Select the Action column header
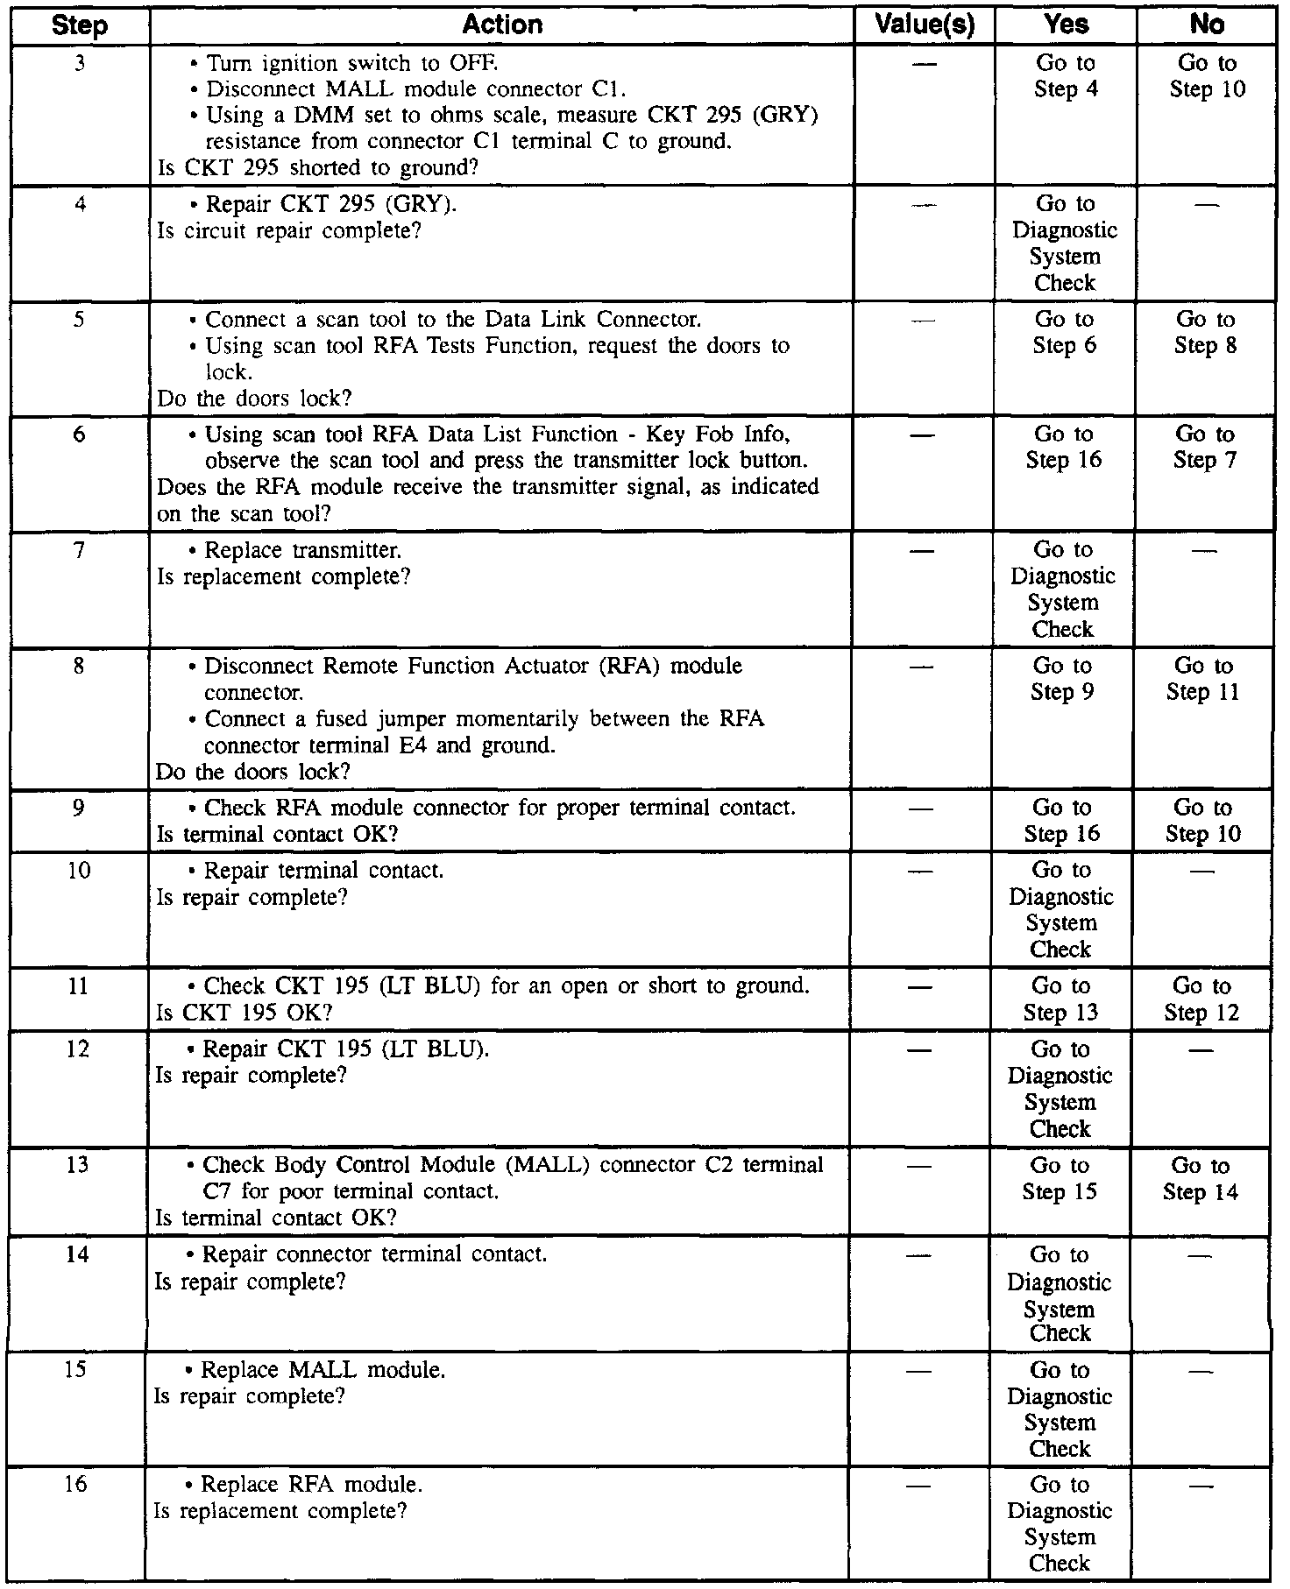coord(502,25)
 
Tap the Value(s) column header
coord(925,25)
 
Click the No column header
coord(1207,25)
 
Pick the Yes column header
coord(1067,25)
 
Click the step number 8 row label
coord(79,666)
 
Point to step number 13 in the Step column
coord(77,1166)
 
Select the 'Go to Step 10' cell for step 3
coord(1207,76)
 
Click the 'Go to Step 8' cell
coord(1206,333)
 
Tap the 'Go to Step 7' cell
coord(1205,448)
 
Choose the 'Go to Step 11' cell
coord(1203,679)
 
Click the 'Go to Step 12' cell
coord(1201,999)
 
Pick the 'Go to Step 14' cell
coord(1201,1179)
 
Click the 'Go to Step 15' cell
coord(1060,1179)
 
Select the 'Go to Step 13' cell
coord(1060,999)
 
